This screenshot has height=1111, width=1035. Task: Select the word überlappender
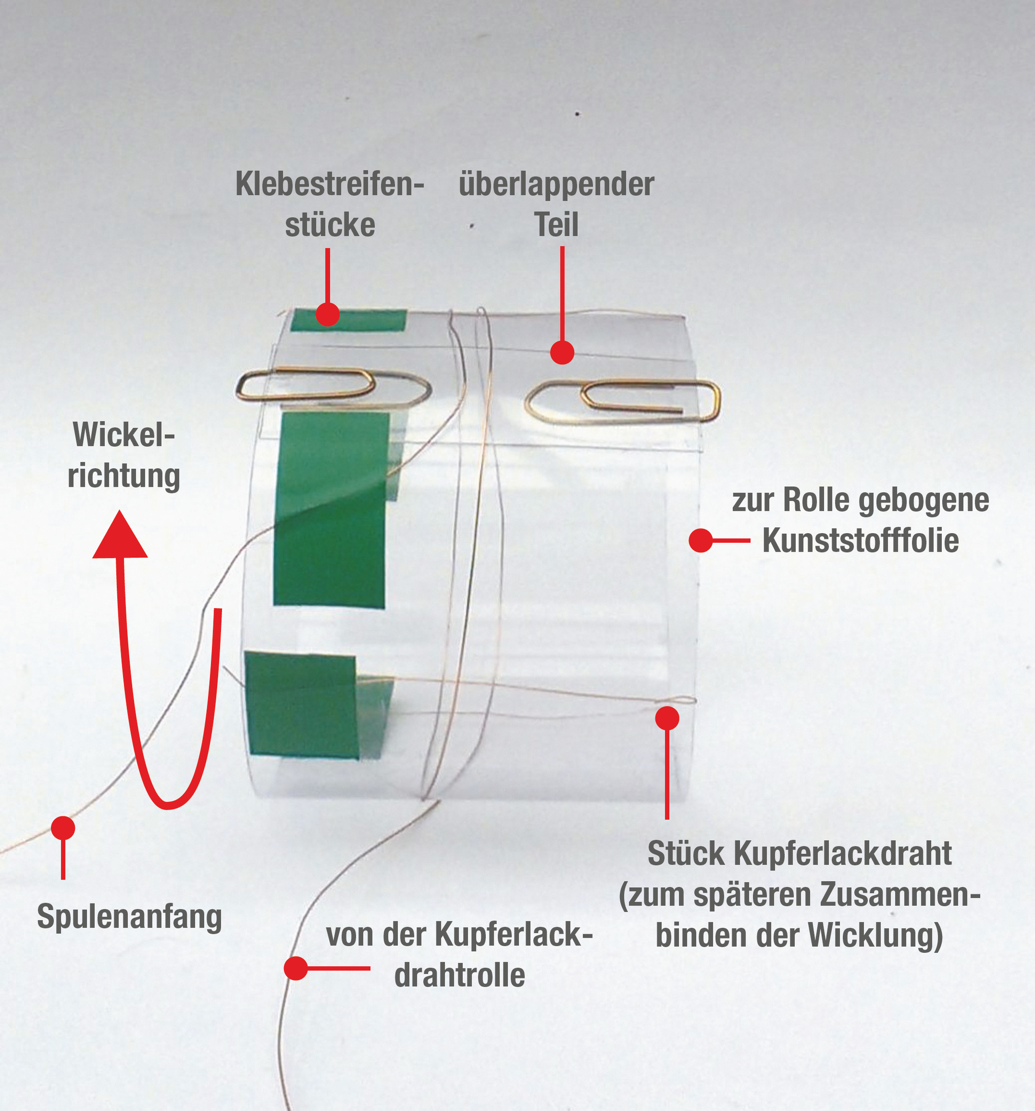pos(557,184)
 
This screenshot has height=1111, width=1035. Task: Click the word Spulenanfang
pos(129,917)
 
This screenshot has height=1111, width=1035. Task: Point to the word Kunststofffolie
pos(860,541)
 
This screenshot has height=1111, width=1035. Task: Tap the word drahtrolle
pos(459,975)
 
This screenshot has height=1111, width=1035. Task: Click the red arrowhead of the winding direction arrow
pos(119,536)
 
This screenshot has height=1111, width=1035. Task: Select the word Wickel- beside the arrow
pos(124,434)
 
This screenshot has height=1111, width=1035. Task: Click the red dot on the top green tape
pos(327,314)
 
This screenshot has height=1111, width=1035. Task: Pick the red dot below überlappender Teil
pos(562,353)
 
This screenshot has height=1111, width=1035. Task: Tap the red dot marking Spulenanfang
pos(63,828)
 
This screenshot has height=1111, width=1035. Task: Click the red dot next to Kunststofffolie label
pos(700,541)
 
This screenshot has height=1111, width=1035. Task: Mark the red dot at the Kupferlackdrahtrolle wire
pos(295,968)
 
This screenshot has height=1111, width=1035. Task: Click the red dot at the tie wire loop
pos(667,718)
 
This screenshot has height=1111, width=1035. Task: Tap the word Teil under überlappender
pos(557,225)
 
